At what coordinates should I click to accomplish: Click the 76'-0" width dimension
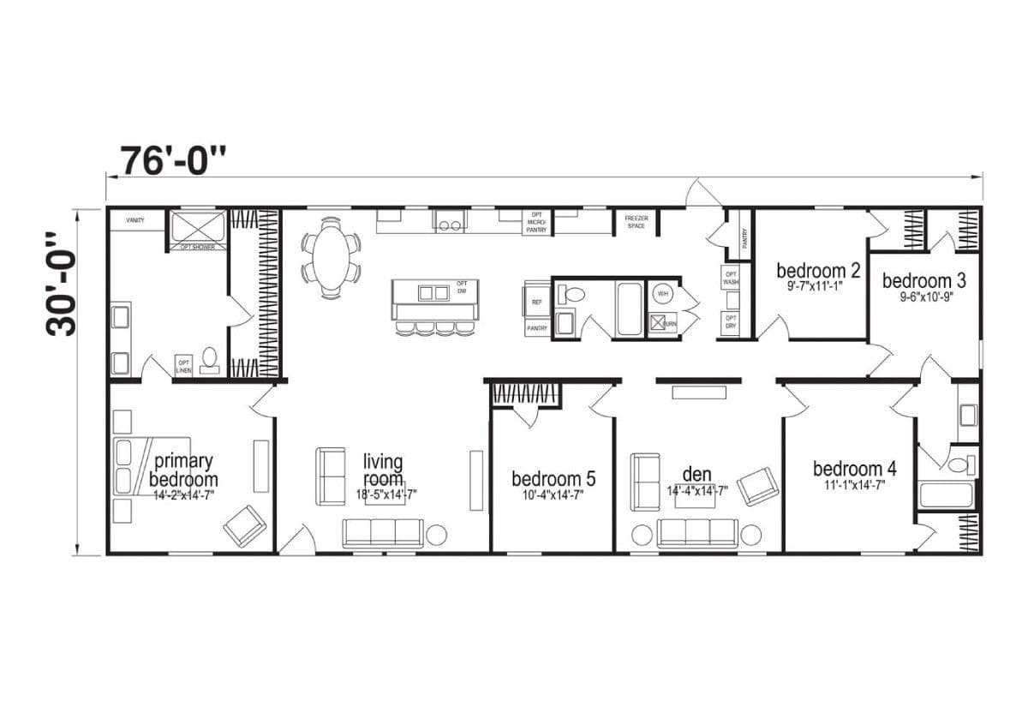[174, 160]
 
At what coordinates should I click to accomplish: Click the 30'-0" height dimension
[62, 283]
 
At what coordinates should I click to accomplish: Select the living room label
[383, 470]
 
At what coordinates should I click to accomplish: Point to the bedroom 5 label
[553, 478]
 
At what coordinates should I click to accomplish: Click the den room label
[697, 474]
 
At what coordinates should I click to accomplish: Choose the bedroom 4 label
[854, 469]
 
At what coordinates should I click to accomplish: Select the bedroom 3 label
[917, 280]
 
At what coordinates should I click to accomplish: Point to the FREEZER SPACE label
[636, 222]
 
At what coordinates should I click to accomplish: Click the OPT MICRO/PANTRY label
[537, 222]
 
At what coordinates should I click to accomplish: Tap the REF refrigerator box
[537, 303]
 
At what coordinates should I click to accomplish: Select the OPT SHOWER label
[197, 248]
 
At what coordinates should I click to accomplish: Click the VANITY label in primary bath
[135, 220]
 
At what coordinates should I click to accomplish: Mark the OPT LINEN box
[183, 366]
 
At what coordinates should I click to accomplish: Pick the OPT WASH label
[731, 278]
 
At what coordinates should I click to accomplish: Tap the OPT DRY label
[731, 322]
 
